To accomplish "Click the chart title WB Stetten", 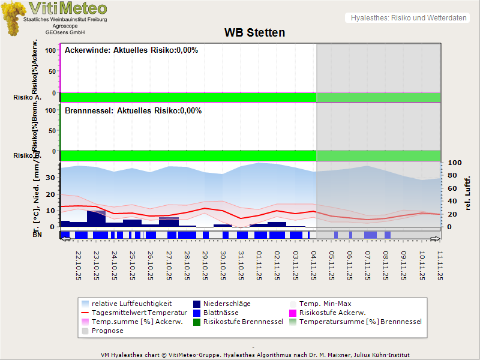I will [x=254, y=32].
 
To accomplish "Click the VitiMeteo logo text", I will [x=68, y=8].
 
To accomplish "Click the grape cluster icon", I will [x=13, y=18].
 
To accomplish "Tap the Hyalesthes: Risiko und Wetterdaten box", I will [x=407, y=18].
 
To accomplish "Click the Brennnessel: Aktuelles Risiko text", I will [x=133, y=111].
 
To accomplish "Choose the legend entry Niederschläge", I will [x=227, y=304].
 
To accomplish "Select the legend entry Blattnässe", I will [x=221, y=313].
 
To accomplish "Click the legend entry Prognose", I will [x=107, y=331].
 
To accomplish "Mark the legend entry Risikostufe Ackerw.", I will [x=332, y=313].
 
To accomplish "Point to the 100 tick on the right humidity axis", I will [x=454, y=163].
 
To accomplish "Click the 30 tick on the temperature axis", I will [x=50, y=178].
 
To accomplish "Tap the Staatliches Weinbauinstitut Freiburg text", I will [x=65, y=20].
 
